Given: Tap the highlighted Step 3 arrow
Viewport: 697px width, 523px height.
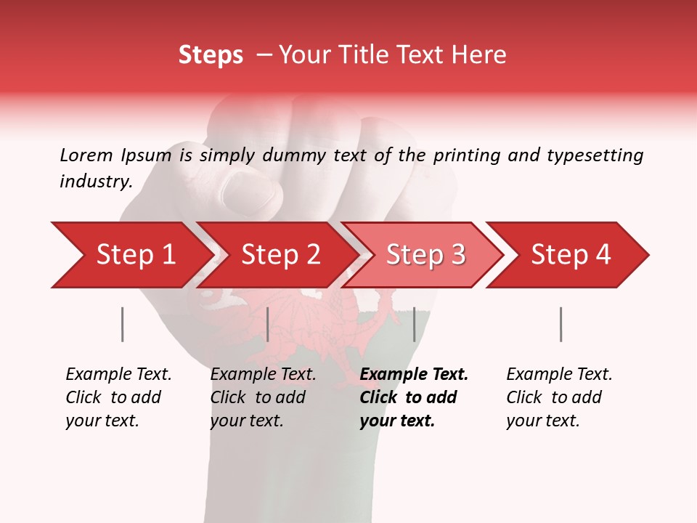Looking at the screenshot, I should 424,255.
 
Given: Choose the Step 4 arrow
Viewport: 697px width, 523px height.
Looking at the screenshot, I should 570,255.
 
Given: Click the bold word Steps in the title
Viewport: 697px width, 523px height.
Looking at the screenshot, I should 211,55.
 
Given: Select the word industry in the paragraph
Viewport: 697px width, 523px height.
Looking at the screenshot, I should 95,182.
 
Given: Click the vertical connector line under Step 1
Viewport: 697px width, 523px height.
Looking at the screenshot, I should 123,324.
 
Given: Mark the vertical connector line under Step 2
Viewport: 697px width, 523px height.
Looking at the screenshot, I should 268,324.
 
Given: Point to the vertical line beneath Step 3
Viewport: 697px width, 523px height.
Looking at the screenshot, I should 414,324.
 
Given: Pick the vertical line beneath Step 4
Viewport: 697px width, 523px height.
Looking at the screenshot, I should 561,324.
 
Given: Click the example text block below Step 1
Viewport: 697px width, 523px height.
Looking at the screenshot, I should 118,397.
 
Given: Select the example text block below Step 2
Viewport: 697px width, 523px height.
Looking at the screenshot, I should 263,397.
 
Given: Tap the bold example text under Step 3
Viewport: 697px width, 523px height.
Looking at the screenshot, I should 414,397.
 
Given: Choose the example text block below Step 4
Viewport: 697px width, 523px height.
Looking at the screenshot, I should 559,397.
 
